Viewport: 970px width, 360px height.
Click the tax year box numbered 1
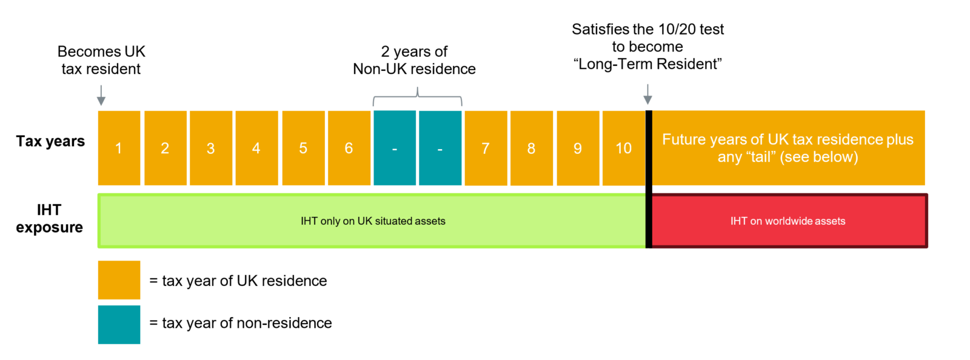pyautogui.click(x=119, y=148)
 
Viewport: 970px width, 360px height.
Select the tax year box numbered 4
pyautogui.click(x=257, y=148)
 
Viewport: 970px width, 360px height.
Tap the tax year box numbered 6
pyautogui.click(x=349, y=148)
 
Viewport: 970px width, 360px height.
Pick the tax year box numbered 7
pyautogui.click(x=486, y=148)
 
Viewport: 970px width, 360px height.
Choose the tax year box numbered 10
pyautogui.click(x=624, y=148)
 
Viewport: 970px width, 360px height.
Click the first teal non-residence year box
pyautogui.click(x=395, y=148)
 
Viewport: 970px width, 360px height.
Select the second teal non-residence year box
pyautogui.click(x=440, y=148)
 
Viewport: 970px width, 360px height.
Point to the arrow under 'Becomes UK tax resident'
pyautogui.click(x=101, y=95)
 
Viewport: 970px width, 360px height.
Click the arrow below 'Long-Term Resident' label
pyautogui.click(x=648, y=95)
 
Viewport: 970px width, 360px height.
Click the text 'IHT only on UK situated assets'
pyautogui.click(x=373, y=221)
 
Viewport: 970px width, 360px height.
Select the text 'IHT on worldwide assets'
pyautogui.click(x=788, y=221)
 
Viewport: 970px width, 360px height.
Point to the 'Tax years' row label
pyautogui.click(x=50, y=141)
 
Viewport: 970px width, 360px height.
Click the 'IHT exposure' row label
pyautogui.click(x=49, y=219)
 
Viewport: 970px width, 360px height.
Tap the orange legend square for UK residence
pyautogui.click(x=119, y=280)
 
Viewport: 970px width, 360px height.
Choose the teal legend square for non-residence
pyautogui.click(x=119, y=324)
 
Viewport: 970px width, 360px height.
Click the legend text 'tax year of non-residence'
pyautogui.click(x=247, y=323)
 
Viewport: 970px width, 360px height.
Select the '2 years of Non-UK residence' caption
pyautogui.click(x=415, y=60)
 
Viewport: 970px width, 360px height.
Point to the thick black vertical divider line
pyautogui.click(x=649, y=179)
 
